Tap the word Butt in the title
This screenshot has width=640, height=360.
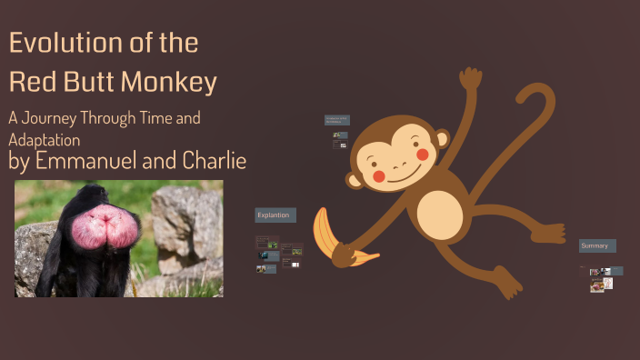(x=87, y=83)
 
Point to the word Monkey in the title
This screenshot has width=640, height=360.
(x=170, y=83)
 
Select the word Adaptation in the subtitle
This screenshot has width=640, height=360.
(x=45, y=140)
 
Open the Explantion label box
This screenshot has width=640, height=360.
(x=275, y=215)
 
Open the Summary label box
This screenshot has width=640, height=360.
(x=597, y=245)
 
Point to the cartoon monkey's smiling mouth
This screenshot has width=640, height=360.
(x=401, y=174)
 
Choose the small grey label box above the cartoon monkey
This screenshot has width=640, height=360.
(x=337, y=120)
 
